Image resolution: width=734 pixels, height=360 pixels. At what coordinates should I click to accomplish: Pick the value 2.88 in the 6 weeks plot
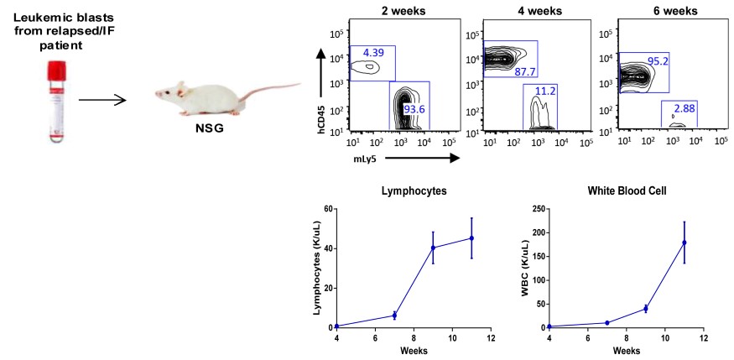coord(685,109)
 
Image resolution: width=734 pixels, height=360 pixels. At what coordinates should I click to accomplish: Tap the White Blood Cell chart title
coord(624,191)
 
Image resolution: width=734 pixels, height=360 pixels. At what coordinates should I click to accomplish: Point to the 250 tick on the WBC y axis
coord(535,208)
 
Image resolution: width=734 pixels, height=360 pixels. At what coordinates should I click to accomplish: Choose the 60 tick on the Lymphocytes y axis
coord(327,208)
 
